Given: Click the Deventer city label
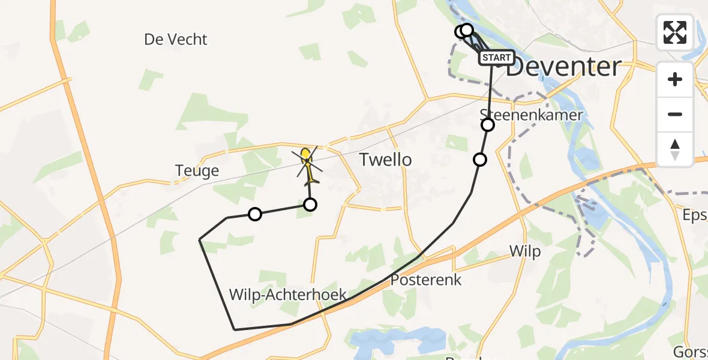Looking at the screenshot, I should pyautogui.click(x=563, y=67).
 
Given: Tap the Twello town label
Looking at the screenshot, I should pyautogui.click(x=385, y=160).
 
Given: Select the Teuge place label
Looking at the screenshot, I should pyautogui.click(x=197, y=172).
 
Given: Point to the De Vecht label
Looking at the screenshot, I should pyautogui.click(x=175, y=40).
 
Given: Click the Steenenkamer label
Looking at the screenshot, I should pyautogui.click(x=532, y=115).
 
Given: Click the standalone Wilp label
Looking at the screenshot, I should pyautogui.click(x=524, y=251).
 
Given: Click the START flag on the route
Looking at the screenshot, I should pyautogui.click(x=496, y=58).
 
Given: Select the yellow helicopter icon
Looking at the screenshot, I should pyautogui.click(x=307, y=163).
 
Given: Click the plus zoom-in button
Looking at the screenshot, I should pyautogui.click(x=675, y=79).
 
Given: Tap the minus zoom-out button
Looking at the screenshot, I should pyautogui.click(x=675, y=114).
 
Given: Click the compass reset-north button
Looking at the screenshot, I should pyautogui.click(x=675, y=149).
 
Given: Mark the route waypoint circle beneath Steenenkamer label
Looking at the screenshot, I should pyautogui.click(x=488, y=125).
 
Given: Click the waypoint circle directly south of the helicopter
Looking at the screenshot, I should pyautogui.click(x=310, y=205).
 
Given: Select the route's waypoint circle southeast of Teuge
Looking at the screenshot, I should pyautogui.click(x=255, y=214).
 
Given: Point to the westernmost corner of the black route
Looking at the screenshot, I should pyautogui.click(x=200, y=239).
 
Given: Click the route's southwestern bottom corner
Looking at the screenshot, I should pyautogui.click(x=234, y=329).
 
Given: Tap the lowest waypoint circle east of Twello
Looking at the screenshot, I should pyautogui.click(x=480, y=160).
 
